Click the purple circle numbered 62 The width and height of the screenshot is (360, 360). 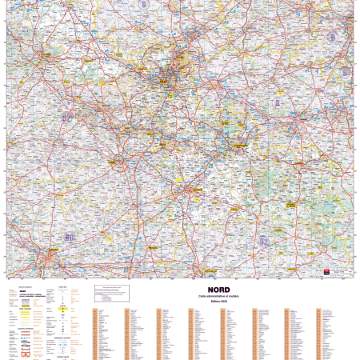pyautogui.click(x=67, y=118)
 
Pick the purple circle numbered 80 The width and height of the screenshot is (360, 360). pyautogui.click(x=70, y=237)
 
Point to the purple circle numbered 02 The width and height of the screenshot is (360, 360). pyautogui.click(x=264, y=240)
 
